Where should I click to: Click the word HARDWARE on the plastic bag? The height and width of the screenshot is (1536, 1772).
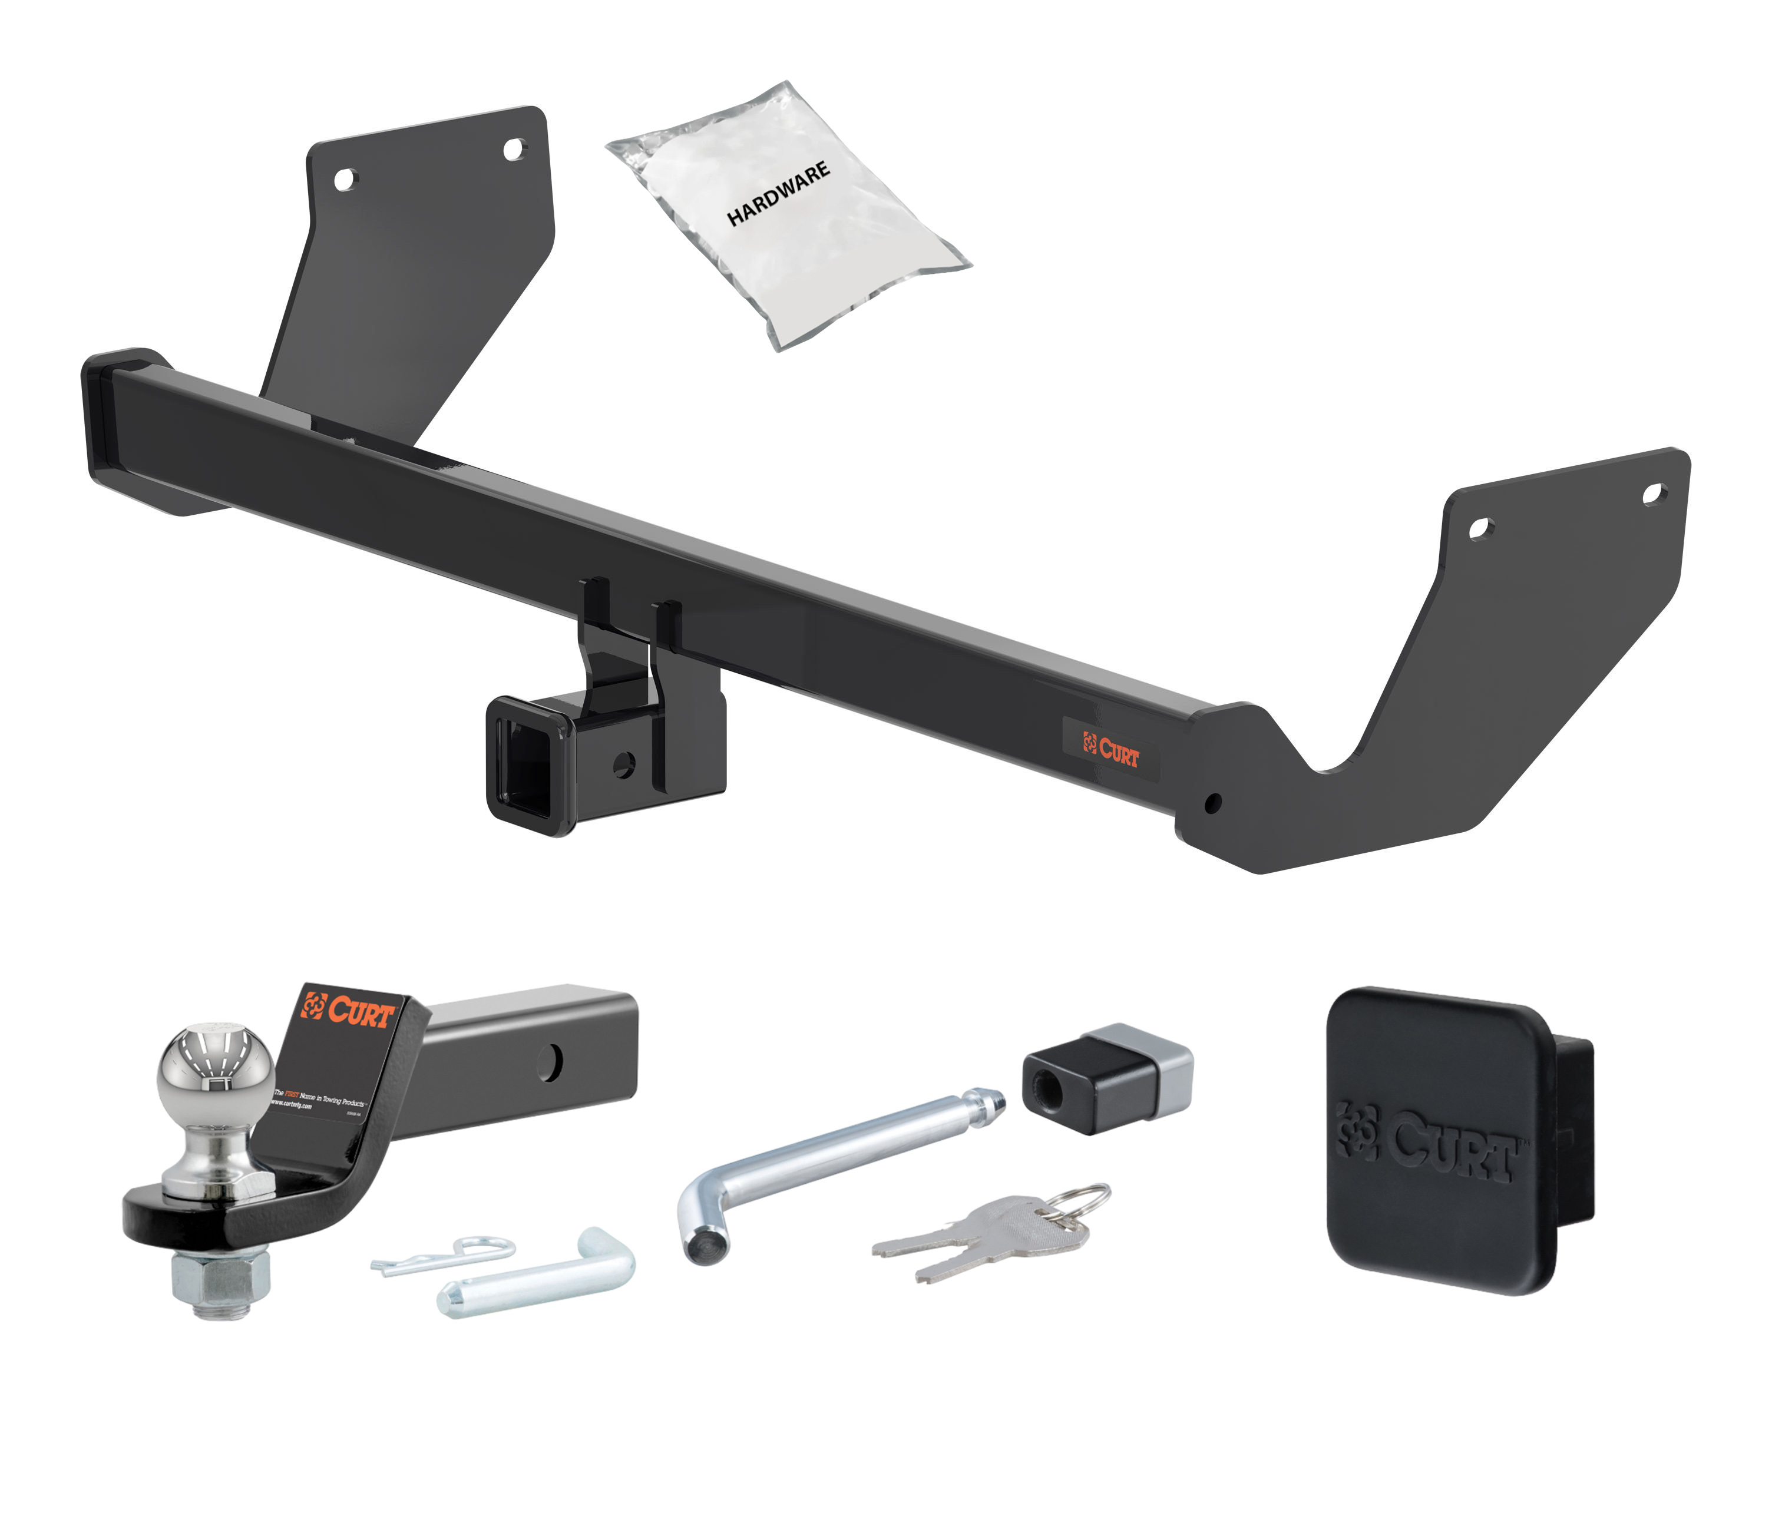pyautogui.click(x=778, y=194)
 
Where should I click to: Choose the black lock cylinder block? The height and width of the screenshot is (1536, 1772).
pyautogui.click(x=1106, y=1078)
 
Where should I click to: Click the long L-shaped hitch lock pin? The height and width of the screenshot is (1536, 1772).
pyautogui.click(x=823, y=1166)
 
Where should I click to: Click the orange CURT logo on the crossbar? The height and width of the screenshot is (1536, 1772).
pyautogui.click(x=1111, y=749)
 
